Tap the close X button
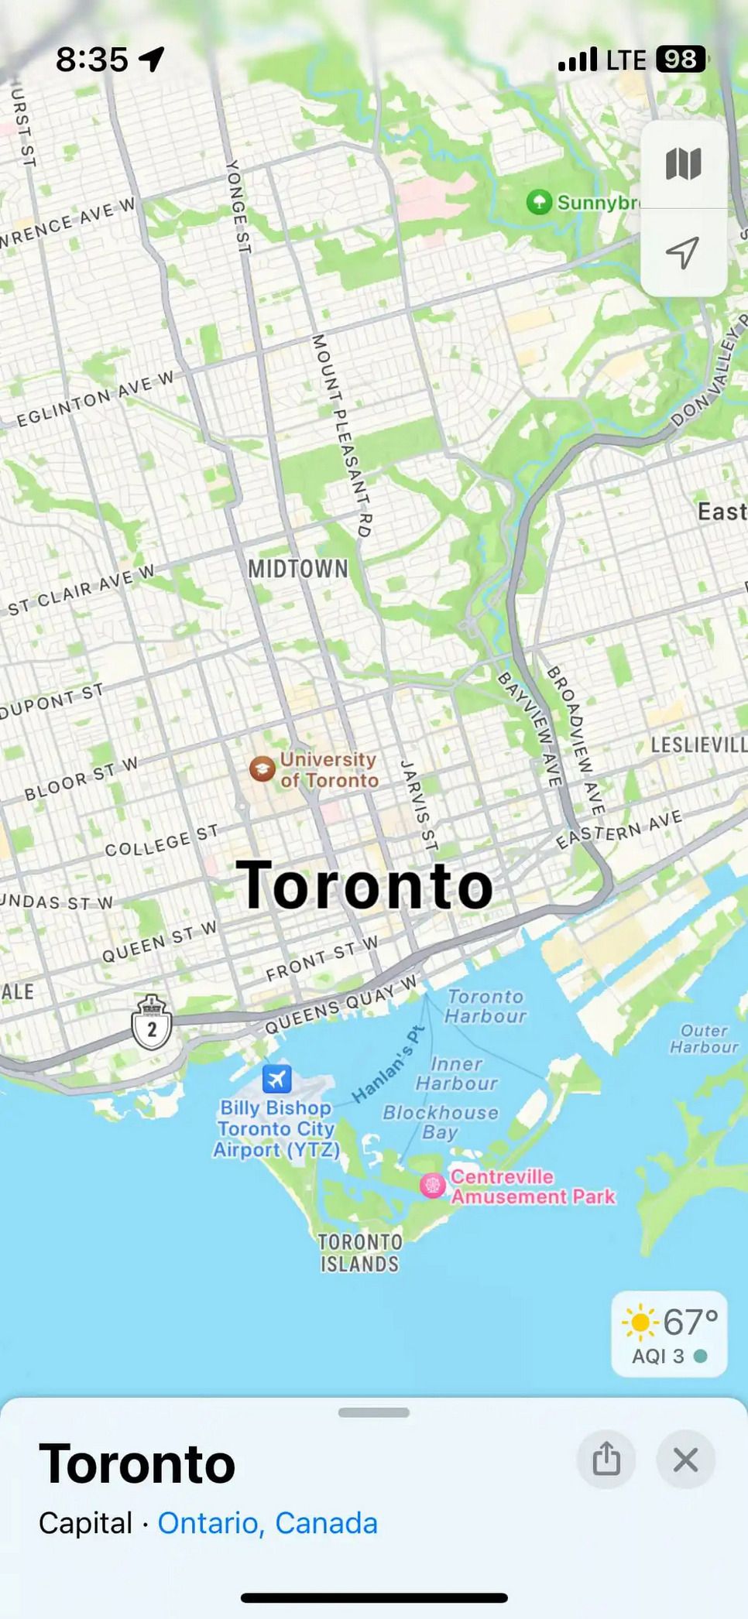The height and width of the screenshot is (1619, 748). pos(685,1460)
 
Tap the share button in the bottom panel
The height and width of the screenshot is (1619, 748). pos(606,1460)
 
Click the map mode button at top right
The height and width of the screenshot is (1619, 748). pos(683,164)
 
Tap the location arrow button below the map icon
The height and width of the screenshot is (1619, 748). pos(683,252)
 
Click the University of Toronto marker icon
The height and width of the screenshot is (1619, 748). pos(262,769)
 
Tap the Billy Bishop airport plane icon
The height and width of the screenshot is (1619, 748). pos(276,1078)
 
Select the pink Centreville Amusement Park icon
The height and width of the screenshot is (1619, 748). pos(432,1185)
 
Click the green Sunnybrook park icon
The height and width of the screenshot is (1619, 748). pos(539,203)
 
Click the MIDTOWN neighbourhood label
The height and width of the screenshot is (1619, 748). pos(298,570)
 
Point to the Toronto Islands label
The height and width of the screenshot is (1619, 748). pos(360,1253)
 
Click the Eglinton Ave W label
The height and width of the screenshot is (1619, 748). pos(96,399)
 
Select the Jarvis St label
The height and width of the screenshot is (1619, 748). pos(419,806)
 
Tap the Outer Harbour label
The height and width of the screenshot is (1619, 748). pos(704,1039)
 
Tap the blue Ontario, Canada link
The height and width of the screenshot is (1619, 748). pos(267,1523)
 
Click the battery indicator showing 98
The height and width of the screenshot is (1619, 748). pos(680,60)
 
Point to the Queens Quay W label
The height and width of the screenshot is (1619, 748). pos(341,1005)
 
